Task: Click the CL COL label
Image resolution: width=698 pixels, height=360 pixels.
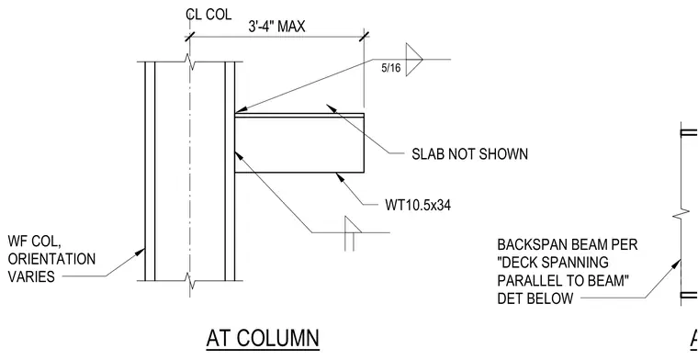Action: pos(208,15)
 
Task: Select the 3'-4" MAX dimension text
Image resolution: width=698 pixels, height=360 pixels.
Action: pos(276,27)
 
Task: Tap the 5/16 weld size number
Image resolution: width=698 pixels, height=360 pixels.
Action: pos(391,69)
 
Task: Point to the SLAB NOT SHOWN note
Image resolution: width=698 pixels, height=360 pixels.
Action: pos(469,154)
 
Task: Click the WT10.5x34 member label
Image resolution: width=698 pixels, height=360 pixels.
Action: pos(418,205)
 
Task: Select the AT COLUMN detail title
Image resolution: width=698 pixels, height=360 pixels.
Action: pos(263,338)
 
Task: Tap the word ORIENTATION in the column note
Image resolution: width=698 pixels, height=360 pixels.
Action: pos(51,259)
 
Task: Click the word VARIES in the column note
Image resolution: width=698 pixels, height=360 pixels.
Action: pos(31,276)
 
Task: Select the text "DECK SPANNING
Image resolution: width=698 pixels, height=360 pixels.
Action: pos(553,263)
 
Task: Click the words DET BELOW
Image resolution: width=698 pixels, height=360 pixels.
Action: pos(535,298)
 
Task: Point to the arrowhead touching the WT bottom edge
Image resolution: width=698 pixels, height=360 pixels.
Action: pos(340,177)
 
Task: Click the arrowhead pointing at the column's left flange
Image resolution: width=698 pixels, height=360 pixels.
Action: pos(141,252)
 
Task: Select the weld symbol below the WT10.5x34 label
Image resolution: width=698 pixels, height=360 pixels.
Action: pos(352,233)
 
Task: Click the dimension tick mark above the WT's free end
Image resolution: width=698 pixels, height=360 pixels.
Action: pos(364,36)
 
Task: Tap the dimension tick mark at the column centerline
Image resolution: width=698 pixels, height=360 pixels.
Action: pos(190,36)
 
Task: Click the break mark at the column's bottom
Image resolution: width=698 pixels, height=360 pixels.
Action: pos(191,281)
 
